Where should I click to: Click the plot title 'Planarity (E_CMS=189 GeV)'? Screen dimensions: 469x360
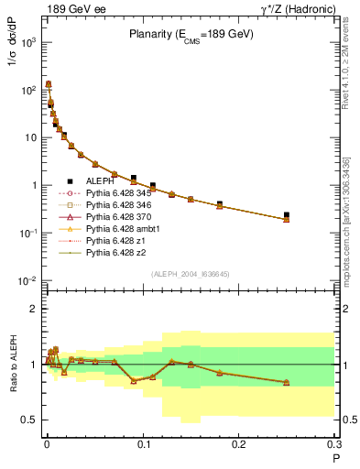click(x=191, y=37)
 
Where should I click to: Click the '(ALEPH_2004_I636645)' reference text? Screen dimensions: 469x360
click(x=191, y=274)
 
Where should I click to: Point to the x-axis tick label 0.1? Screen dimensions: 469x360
click(x=142, y=445)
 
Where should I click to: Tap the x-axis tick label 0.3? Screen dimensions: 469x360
click(x=334, y=445)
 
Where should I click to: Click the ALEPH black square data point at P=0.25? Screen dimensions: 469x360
click(x=287, y=215)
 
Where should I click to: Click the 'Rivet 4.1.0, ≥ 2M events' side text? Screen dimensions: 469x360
click(x=346, y=64)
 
